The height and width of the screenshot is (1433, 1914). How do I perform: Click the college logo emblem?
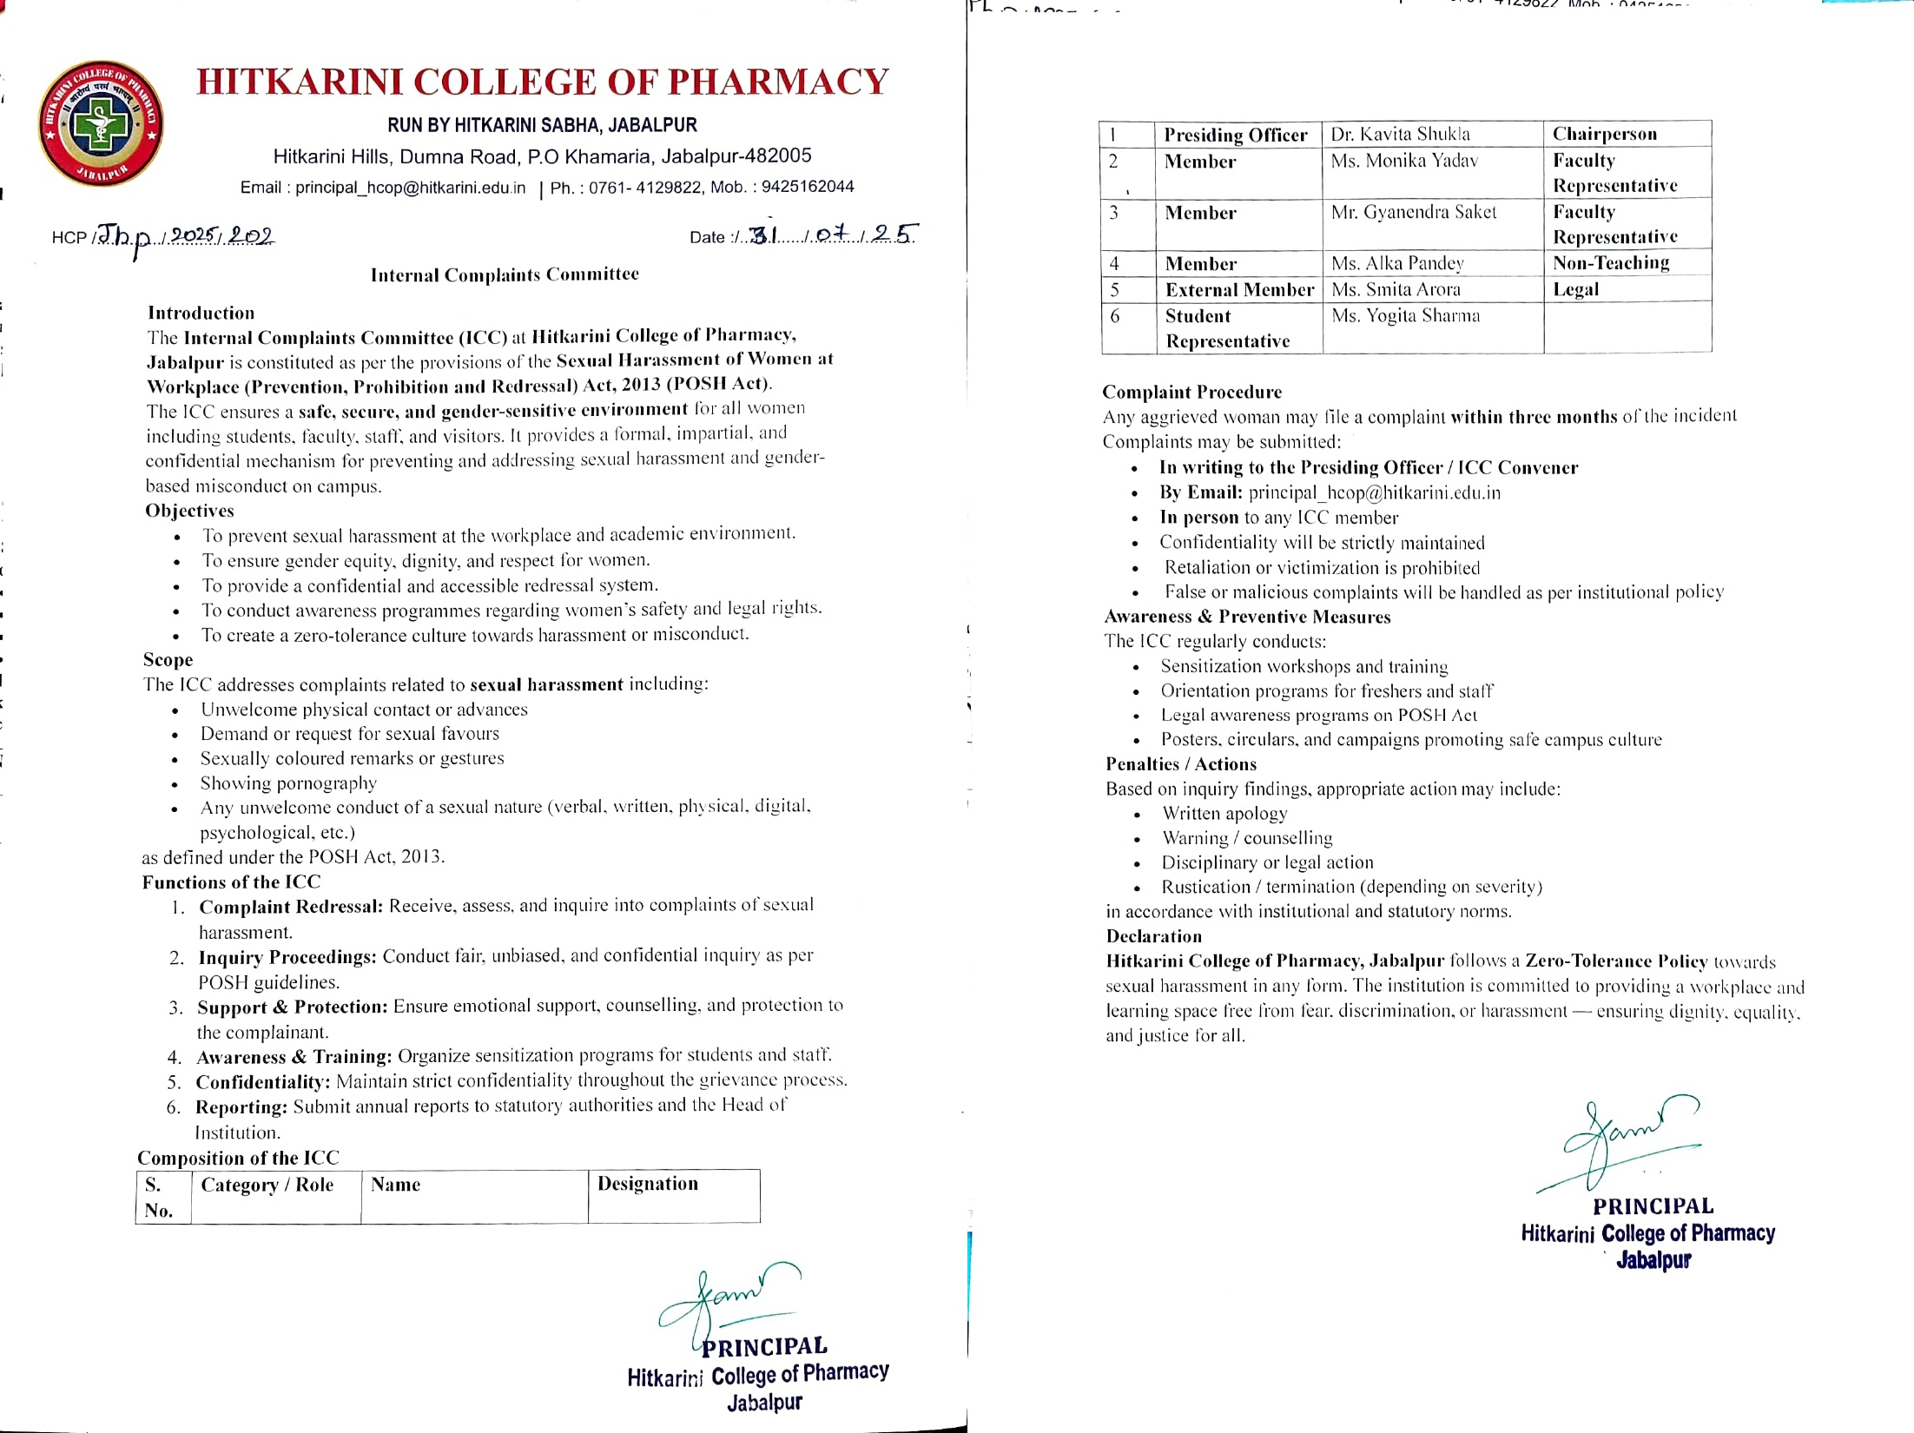tap(101, 124)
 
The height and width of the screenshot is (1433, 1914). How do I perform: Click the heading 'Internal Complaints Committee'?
tap(505, 274)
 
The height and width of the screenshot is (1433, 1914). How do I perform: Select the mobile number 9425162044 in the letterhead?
tap(808, 187)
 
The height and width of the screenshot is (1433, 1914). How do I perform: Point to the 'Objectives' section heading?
tap(189, 511)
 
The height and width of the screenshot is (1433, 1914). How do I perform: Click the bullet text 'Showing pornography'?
tap(288, 783)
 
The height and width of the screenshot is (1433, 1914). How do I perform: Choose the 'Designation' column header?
tap(647, 1184)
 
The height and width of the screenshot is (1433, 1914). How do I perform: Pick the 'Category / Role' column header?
tap(267, 1185)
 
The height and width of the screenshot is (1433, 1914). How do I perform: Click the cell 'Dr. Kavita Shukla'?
tap(1400, 134)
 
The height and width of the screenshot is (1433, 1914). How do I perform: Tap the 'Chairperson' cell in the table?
tap(1604, 134)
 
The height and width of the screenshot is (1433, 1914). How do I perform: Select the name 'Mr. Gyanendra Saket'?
tap(1414, 212)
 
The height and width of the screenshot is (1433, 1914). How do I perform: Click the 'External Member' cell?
tap(1239, 290)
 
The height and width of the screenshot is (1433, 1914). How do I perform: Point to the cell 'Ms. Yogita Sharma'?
tap(1405, 315)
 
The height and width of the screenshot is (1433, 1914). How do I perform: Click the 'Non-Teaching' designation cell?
tap(1611, 263)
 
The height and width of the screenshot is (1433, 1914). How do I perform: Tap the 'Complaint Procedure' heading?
tap(1191, 392)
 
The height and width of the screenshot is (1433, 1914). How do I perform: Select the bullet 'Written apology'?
tap(1224, 814)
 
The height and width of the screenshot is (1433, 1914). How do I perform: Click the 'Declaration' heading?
tap(1153, 936)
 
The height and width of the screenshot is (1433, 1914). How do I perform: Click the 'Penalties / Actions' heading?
tap(1180, 764)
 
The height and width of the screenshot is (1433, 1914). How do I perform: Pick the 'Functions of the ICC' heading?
tap(231, 882)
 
